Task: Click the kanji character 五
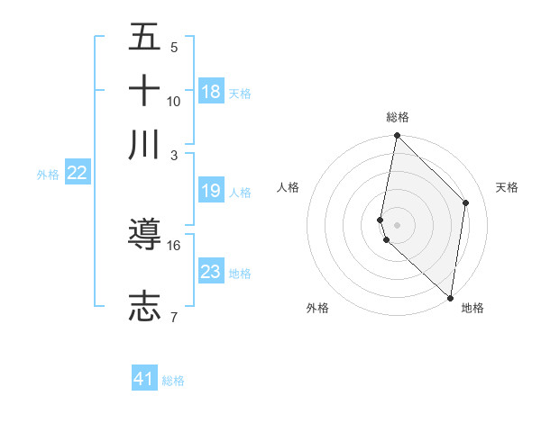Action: tap(144, 39)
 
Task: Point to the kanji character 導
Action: tap(144, 236)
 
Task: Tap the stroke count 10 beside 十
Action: tap(174, 101)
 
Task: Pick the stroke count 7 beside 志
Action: tap(174, 316)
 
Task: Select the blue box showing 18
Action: tap(211, 92)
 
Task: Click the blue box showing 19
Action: tap(211, 191)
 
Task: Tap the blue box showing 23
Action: tap(211, 272)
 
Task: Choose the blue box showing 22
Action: tap(78, 174)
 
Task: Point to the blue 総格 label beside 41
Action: tap(174, 381)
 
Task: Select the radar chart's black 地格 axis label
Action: tap(472, 309)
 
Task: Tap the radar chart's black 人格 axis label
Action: tap(289, 187)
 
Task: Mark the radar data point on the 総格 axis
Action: tap(397, 136)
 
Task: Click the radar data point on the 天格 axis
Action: tap(466, 202)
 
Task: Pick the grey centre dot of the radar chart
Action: tap(397, 224)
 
